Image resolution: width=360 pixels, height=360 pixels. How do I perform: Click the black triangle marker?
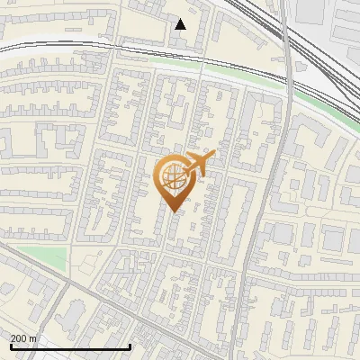point(181,24)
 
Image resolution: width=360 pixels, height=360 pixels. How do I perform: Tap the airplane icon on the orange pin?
point(198,165)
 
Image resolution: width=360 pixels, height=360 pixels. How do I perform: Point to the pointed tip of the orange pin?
point(172,211)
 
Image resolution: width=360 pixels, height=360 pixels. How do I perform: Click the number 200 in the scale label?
point(20,338)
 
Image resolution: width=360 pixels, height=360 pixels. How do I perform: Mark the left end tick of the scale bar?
point(9,346)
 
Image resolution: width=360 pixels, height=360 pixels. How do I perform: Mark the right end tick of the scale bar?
point(130,346)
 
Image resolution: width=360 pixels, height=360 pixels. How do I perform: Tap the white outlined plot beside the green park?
point(90,264)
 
